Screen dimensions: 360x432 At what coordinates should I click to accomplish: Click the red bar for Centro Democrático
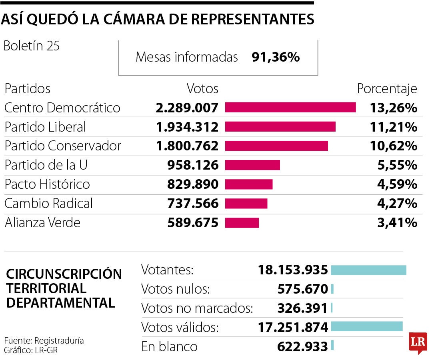[x=290, y=107]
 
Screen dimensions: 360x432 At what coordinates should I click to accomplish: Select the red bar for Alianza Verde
[x=242, y=223]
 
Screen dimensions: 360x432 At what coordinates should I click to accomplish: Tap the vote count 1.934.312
[x=188, y=127]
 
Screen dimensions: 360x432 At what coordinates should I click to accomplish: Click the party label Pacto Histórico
[x=47, y=184]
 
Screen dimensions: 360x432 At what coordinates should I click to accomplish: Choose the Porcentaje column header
[x=387, y=88]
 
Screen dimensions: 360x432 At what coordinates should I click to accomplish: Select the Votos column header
[x=203, y=88]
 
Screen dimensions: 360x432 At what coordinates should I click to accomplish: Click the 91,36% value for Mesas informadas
[x=276, y=57]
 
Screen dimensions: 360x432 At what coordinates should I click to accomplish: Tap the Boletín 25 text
[x=32, y=46]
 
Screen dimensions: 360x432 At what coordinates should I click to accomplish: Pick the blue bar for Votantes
[x=368, y=270]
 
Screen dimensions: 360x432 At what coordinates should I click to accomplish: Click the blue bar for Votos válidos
[x=367, y=326]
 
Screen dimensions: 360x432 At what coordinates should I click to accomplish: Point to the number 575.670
[x=302, y=289]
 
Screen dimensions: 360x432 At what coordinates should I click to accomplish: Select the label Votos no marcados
[x=198, y=308]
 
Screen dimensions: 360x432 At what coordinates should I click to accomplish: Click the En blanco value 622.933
[x=302, y=346]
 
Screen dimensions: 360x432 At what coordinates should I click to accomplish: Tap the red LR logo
[x=418, y=342]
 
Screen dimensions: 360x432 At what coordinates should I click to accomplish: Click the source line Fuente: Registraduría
[x=44, y=341]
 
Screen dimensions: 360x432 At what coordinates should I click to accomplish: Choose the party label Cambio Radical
[x=48, y=204]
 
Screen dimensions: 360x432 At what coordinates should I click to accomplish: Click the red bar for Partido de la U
[x=252, y=165]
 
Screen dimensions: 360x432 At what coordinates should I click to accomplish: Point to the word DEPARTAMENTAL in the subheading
[x=61, y=302]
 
